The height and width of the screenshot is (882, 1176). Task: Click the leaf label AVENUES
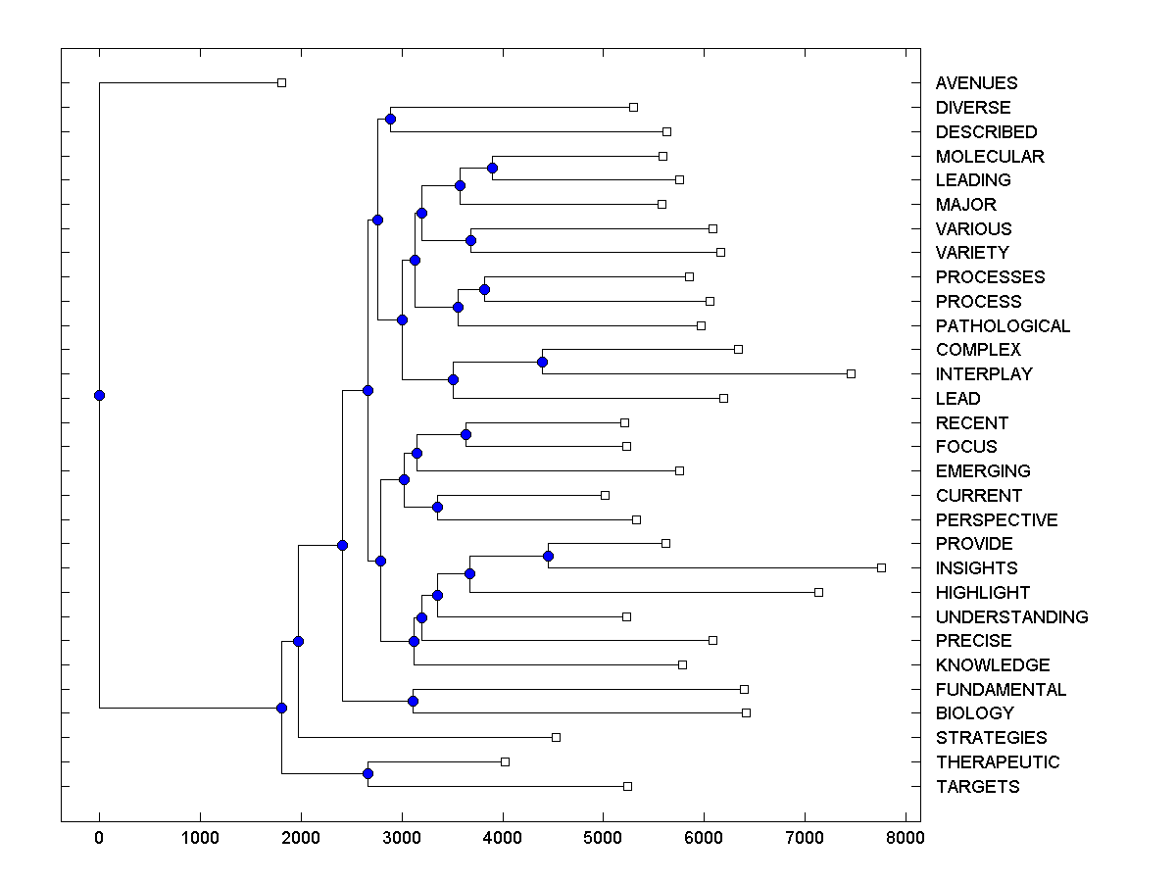click(976, 83)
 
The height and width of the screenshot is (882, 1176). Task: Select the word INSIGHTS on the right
click(976, 568)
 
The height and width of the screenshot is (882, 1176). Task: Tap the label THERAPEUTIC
click(998, 762)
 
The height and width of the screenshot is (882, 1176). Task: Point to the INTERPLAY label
click(984, 374)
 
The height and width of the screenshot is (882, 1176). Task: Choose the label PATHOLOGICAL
click(1003, 326)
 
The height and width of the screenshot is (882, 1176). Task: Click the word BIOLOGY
click(974, 713)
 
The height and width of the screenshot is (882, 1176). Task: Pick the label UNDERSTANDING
click(1011, 617)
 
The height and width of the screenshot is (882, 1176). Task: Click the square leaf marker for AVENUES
click(281, 82)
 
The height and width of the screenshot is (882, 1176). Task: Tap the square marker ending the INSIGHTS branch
click(881, 567)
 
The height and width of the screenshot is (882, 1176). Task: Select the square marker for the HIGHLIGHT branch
click(819, 592)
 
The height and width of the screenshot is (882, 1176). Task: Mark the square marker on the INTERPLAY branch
click(851, 373)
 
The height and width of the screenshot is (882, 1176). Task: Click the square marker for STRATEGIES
click(556, 737)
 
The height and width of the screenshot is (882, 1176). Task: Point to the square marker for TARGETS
click(627, 786)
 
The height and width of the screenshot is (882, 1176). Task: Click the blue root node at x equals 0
click(99, 395)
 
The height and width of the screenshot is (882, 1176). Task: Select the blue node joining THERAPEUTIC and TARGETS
click(367, 773)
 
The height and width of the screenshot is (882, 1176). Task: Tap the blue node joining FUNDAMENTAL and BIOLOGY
click(413, 701)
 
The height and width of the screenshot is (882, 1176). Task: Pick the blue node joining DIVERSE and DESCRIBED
click(390, 119)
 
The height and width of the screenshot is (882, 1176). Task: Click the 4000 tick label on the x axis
click(503, 837)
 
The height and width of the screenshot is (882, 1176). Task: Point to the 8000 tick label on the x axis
click(906, 837)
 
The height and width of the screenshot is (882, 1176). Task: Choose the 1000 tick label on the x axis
click(200, 837)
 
